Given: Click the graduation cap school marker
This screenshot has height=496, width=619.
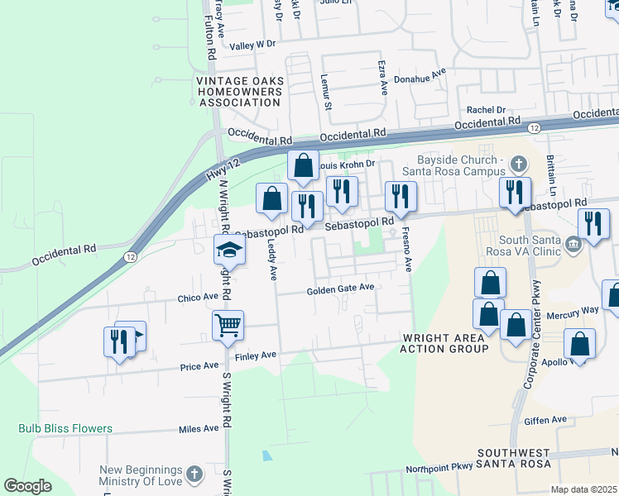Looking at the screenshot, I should click(230, 250).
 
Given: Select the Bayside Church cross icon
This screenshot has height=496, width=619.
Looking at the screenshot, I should click(519, 164).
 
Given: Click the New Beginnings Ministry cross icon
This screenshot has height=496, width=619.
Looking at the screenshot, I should click(194, 475).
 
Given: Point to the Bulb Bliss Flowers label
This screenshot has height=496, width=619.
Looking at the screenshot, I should click(65, 428).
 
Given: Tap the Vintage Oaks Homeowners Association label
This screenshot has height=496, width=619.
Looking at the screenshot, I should click(239, 92).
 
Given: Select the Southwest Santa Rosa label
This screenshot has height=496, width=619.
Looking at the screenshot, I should click(513, 459).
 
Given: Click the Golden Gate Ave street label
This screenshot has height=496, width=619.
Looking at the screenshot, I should click(341, 289).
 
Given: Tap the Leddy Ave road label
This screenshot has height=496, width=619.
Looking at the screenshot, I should click(271, 260).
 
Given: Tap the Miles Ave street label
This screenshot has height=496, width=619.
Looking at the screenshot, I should click(199, 428).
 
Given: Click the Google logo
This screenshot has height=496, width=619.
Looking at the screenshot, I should click(27, 486).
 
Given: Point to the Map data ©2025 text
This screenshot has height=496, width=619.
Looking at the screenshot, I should click(583, 489).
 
